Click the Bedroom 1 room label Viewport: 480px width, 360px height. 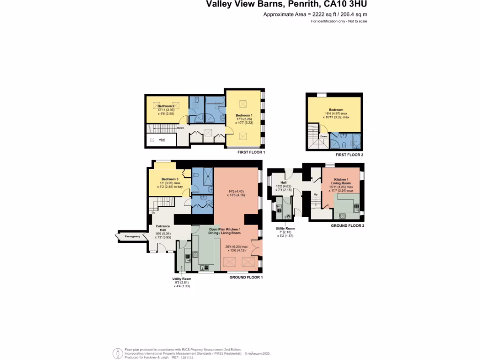244,115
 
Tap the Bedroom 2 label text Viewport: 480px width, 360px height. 166,106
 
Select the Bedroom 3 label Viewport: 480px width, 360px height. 170,179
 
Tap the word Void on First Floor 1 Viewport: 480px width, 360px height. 162,140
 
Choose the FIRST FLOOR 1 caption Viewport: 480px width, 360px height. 251,152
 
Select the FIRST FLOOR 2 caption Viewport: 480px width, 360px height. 349,155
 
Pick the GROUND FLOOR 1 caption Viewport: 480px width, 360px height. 246,277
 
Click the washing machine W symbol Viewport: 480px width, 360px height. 287,216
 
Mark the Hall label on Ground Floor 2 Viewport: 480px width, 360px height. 284,183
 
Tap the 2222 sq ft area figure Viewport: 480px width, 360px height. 312,15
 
